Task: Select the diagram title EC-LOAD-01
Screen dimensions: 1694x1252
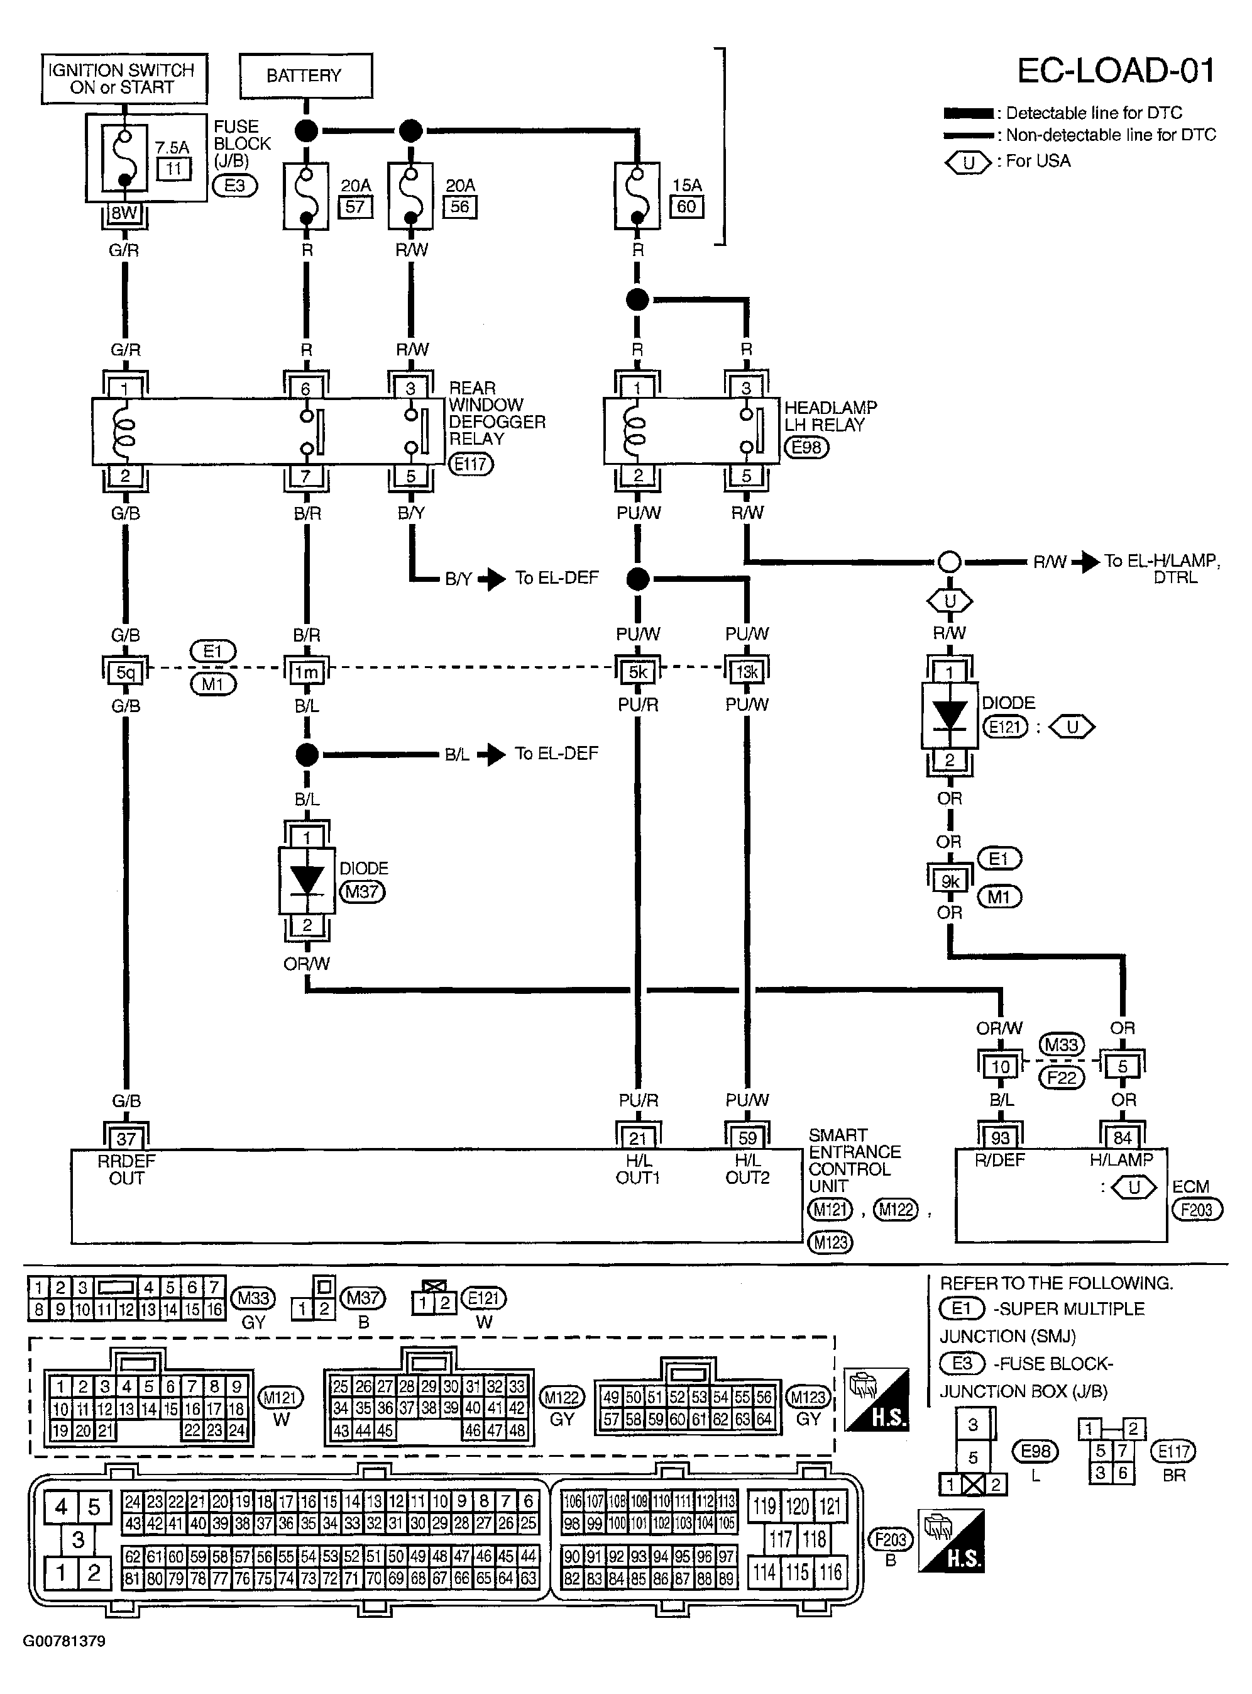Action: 1116,70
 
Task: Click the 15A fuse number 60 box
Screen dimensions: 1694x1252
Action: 686,206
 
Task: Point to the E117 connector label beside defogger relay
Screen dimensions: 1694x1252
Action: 471,464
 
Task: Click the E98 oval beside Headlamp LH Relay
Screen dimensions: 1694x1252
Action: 806,447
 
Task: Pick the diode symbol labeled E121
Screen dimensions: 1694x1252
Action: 950,716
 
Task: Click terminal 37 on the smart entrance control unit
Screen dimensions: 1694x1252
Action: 126,1139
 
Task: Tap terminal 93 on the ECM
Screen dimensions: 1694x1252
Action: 1001,1138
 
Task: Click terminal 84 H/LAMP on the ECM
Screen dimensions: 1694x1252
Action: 1123,1138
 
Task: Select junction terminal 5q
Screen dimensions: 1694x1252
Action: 125,671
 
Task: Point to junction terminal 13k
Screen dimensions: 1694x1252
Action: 747,671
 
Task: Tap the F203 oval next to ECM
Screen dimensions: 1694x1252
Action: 1197,1209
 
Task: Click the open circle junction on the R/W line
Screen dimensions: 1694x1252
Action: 950,562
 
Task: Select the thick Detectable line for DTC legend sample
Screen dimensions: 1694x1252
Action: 968,114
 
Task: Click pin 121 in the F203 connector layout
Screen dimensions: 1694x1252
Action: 831,1506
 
